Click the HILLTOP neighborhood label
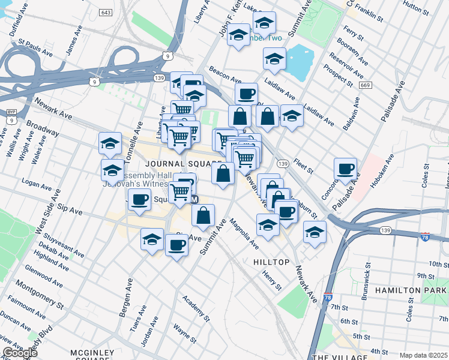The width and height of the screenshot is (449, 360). [271, 262]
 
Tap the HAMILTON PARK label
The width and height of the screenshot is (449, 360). [411, 290]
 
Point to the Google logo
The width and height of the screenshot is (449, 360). [20, 353]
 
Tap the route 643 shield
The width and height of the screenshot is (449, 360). [106, 12]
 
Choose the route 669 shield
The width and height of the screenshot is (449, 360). [365, 86]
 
